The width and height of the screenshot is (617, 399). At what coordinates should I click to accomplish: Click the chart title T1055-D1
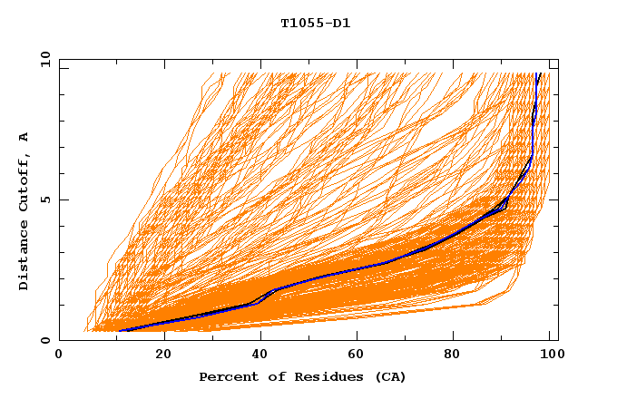tap(315, 24)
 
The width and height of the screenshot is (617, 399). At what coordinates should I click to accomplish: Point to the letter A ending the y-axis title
tap(24, 137)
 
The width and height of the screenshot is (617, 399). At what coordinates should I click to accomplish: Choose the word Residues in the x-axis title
tap(324, 376)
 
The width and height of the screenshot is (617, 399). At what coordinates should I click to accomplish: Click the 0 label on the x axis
tap(59, 355)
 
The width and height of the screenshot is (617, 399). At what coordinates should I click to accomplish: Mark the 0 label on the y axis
tap(45, 341)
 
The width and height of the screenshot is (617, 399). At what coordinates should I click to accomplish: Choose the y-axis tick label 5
tap(45, 200)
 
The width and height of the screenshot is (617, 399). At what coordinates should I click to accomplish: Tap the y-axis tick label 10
tap(43, 59)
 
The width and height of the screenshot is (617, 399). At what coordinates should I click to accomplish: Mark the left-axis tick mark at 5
tap(63, 200)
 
